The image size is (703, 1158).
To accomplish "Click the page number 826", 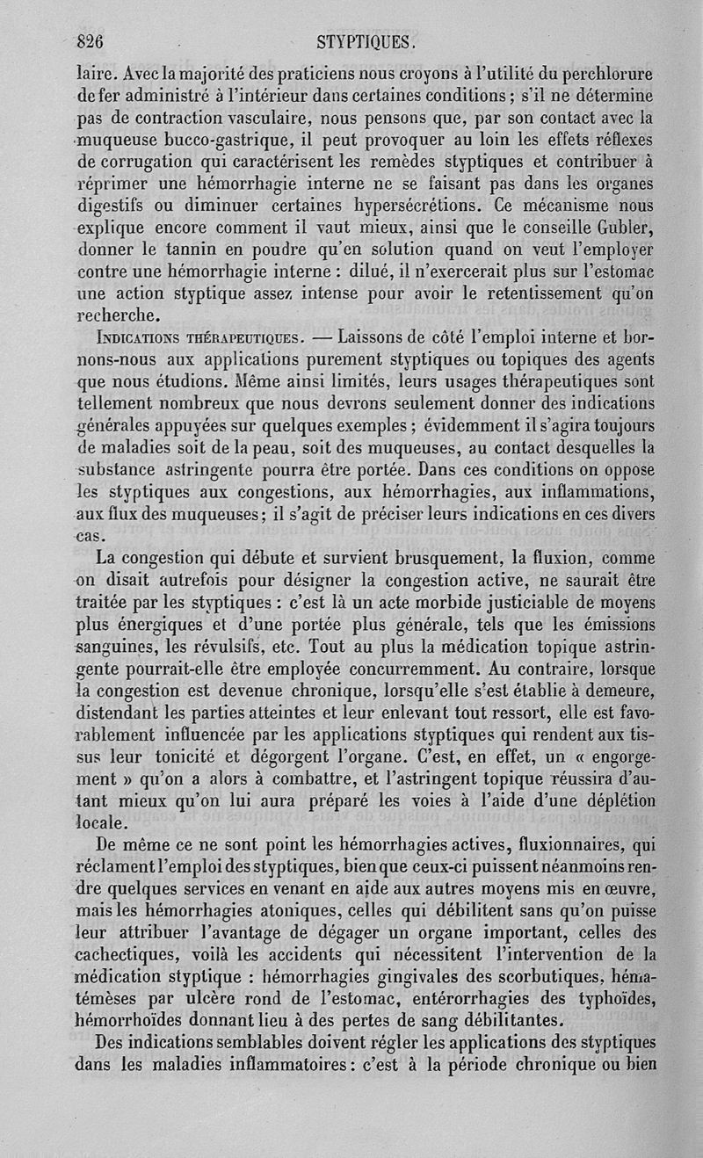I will [91, 40].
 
